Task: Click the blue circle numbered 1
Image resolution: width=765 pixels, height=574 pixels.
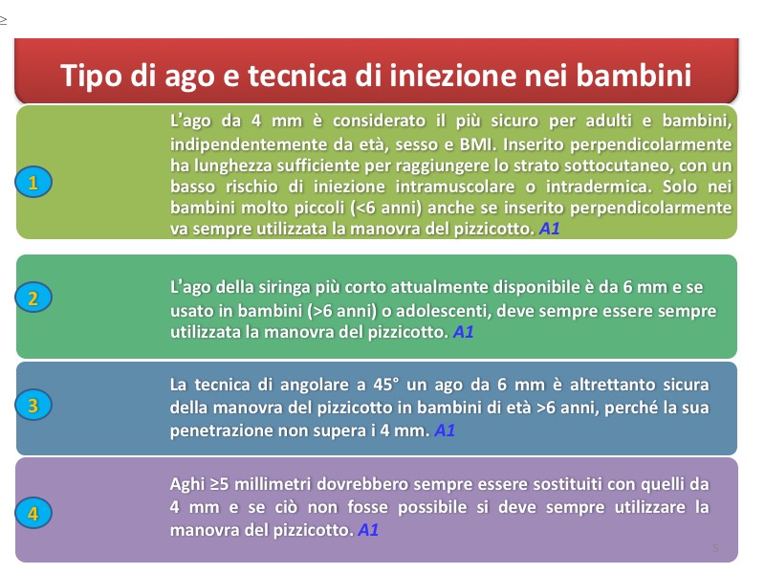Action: click(33, 182)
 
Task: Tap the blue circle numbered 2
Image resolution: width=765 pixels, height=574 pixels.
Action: click(33, 298)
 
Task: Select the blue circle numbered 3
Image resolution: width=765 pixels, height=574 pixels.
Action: click(33, 405)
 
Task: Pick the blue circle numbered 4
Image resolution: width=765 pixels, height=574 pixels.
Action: click(33, 513)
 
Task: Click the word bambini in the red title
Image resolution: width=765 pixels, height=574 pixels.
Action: click(634, 76)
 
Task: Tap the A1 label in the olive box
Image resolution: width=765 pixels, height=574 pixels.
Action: click(549, 229)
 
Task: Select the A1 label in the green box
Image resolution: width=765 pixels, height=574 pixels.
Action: click(464, 332)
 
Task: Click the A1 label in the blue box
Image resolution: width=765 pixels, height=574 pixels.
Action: click(445, 430)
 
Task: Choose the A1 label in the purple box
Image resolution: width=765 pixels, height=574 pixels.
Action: click(368, 530)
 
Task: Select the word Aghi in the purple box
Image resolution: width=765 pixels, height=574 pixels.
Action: click(187, 484)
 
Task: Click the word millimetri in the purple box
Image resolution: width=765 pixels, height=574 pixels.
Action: click(273, 484)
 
